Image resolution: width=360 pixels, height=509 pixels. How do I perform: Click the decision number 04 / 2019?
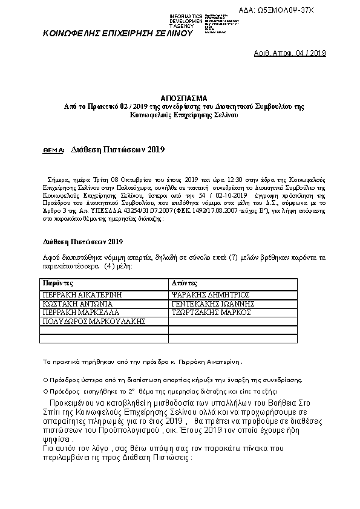tap(307, 53)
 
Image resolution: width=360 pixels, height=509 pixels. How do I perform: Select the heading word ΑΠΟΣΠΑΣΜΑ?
tap(184, 97)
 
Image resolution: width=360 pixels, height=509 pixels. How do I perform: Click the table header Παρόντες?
tap(58, 282)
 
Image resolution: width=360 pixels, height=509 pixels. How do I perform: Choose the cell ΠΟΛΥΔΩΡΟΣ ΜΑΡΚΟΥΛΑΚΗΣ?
tap(94, 322)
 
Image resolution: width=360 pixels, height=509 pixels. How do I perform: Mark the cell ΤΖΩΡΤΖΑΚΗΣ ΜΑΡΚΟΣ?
tap(211, 313)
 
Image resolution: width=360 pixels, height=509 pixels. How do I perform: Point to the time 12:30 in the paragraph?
tap(221, 180)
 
